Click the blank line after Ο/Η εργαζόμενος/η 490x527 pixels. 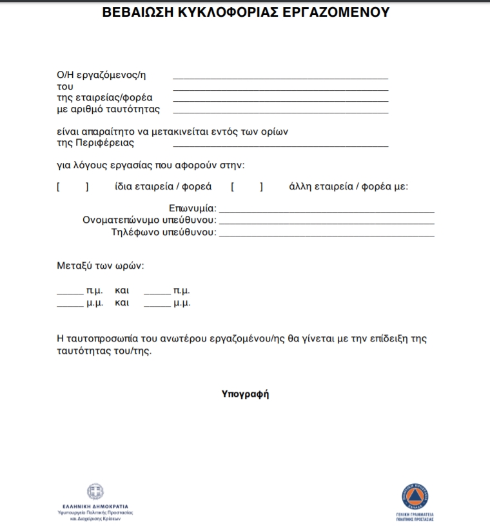click(280, 77)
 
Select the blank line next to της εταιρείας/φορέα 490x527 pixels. click(280, 100)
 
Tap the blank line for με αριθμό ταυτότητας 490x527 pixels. click(280, 111)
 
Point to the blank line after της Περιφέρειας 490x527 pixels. click(280, 146)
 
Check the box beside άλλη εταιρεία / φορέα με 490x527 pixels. click(247, 187)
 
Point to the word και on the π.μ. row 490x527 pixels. click(122, 291)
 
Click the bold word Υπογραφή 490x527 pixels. click(245, 394)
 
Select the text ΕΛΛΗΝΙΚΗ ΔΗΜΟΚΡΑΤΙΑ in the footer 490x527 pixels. click(95, 506)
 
